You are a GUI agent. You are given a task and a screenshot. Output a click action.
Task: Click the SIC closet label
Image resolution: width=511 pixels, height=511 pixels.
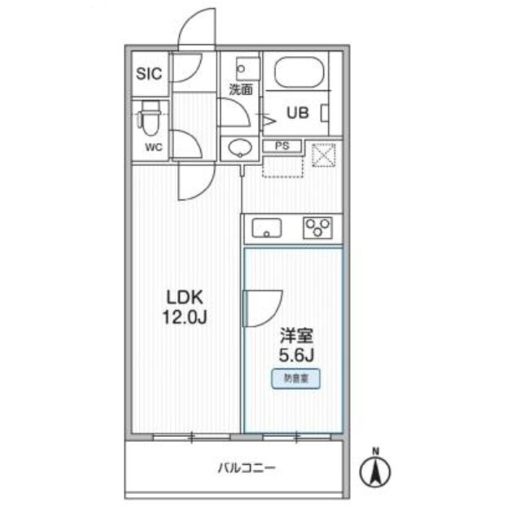[x=149, y=74]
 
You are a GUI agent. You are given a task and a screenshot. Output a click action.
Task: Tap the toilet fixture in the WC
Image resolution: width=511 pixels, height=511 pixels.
[x=149, y=118]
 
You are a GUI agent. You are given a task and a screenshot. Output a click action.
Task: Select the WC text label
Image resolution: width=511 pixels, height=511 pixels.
[x=154, y=147]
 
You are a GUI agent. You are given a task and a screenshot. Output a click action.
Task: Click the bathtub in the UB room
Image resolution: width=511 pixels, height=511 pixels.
[x=299, y=72]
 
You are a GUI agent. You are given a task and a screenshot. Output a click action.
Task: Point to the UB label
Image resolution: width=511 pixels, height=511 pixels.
[x=298, y=113]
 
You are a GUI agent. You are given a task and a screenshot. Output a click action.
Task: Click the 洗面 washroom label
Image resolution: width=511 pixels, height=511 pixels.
[x=241, y=90]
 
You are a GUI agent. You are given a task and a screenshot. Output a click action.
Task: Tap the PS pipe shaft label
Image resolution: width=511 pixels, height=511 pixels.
[x=282, y=146]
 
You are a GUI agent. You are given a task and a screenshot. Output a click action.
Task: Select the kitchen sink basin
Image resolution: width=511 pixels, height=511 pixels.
[x=267, y=228]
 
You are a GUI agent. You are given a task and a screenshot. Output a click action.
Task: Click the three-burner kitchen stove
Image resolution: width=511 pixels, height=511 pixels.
[x=317, y=227]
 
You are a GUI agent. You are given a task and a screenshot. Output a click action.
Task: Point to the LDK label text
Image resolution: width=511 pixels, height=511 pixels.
[x=185, y=297]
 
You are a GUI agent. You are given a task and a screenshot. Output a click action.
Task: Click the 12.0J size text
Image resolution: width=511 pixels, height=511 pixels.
[x=185, y=317]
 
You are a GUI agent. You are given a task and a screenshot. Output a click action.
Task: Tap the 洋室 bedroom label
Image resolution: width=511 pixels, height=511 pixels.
[x=297, y=336]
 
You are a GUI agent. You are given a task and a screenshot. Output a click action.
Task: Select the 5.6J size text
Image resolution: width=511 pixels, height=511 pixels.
[x=296, y=356]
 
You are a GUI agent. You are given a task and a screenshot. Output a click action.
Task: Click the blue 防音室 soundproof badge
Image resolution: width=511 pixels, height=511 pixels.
[x=296, y=378]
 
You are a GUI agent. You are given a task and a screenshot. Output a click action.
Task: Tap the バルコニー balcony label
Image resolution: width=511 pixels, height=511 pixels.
[x=247, y=469]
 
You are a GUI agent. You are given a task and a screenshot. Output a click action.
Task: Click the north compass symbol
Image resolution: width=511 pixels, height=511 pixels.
[x=375, y=471]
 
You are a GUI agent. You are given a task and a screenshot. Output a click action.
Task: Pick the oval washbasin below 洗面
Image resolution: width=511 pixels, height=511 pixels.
[x=241, y=148]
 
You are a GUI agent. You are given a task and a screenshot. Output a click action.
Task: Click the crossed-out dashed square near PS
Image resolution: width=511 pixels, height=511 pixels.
[x=323, y=155]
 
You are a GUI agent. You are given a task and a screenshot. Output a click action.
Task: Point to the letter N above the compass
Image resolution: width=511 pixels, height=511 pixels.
[x=376, y=452]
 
